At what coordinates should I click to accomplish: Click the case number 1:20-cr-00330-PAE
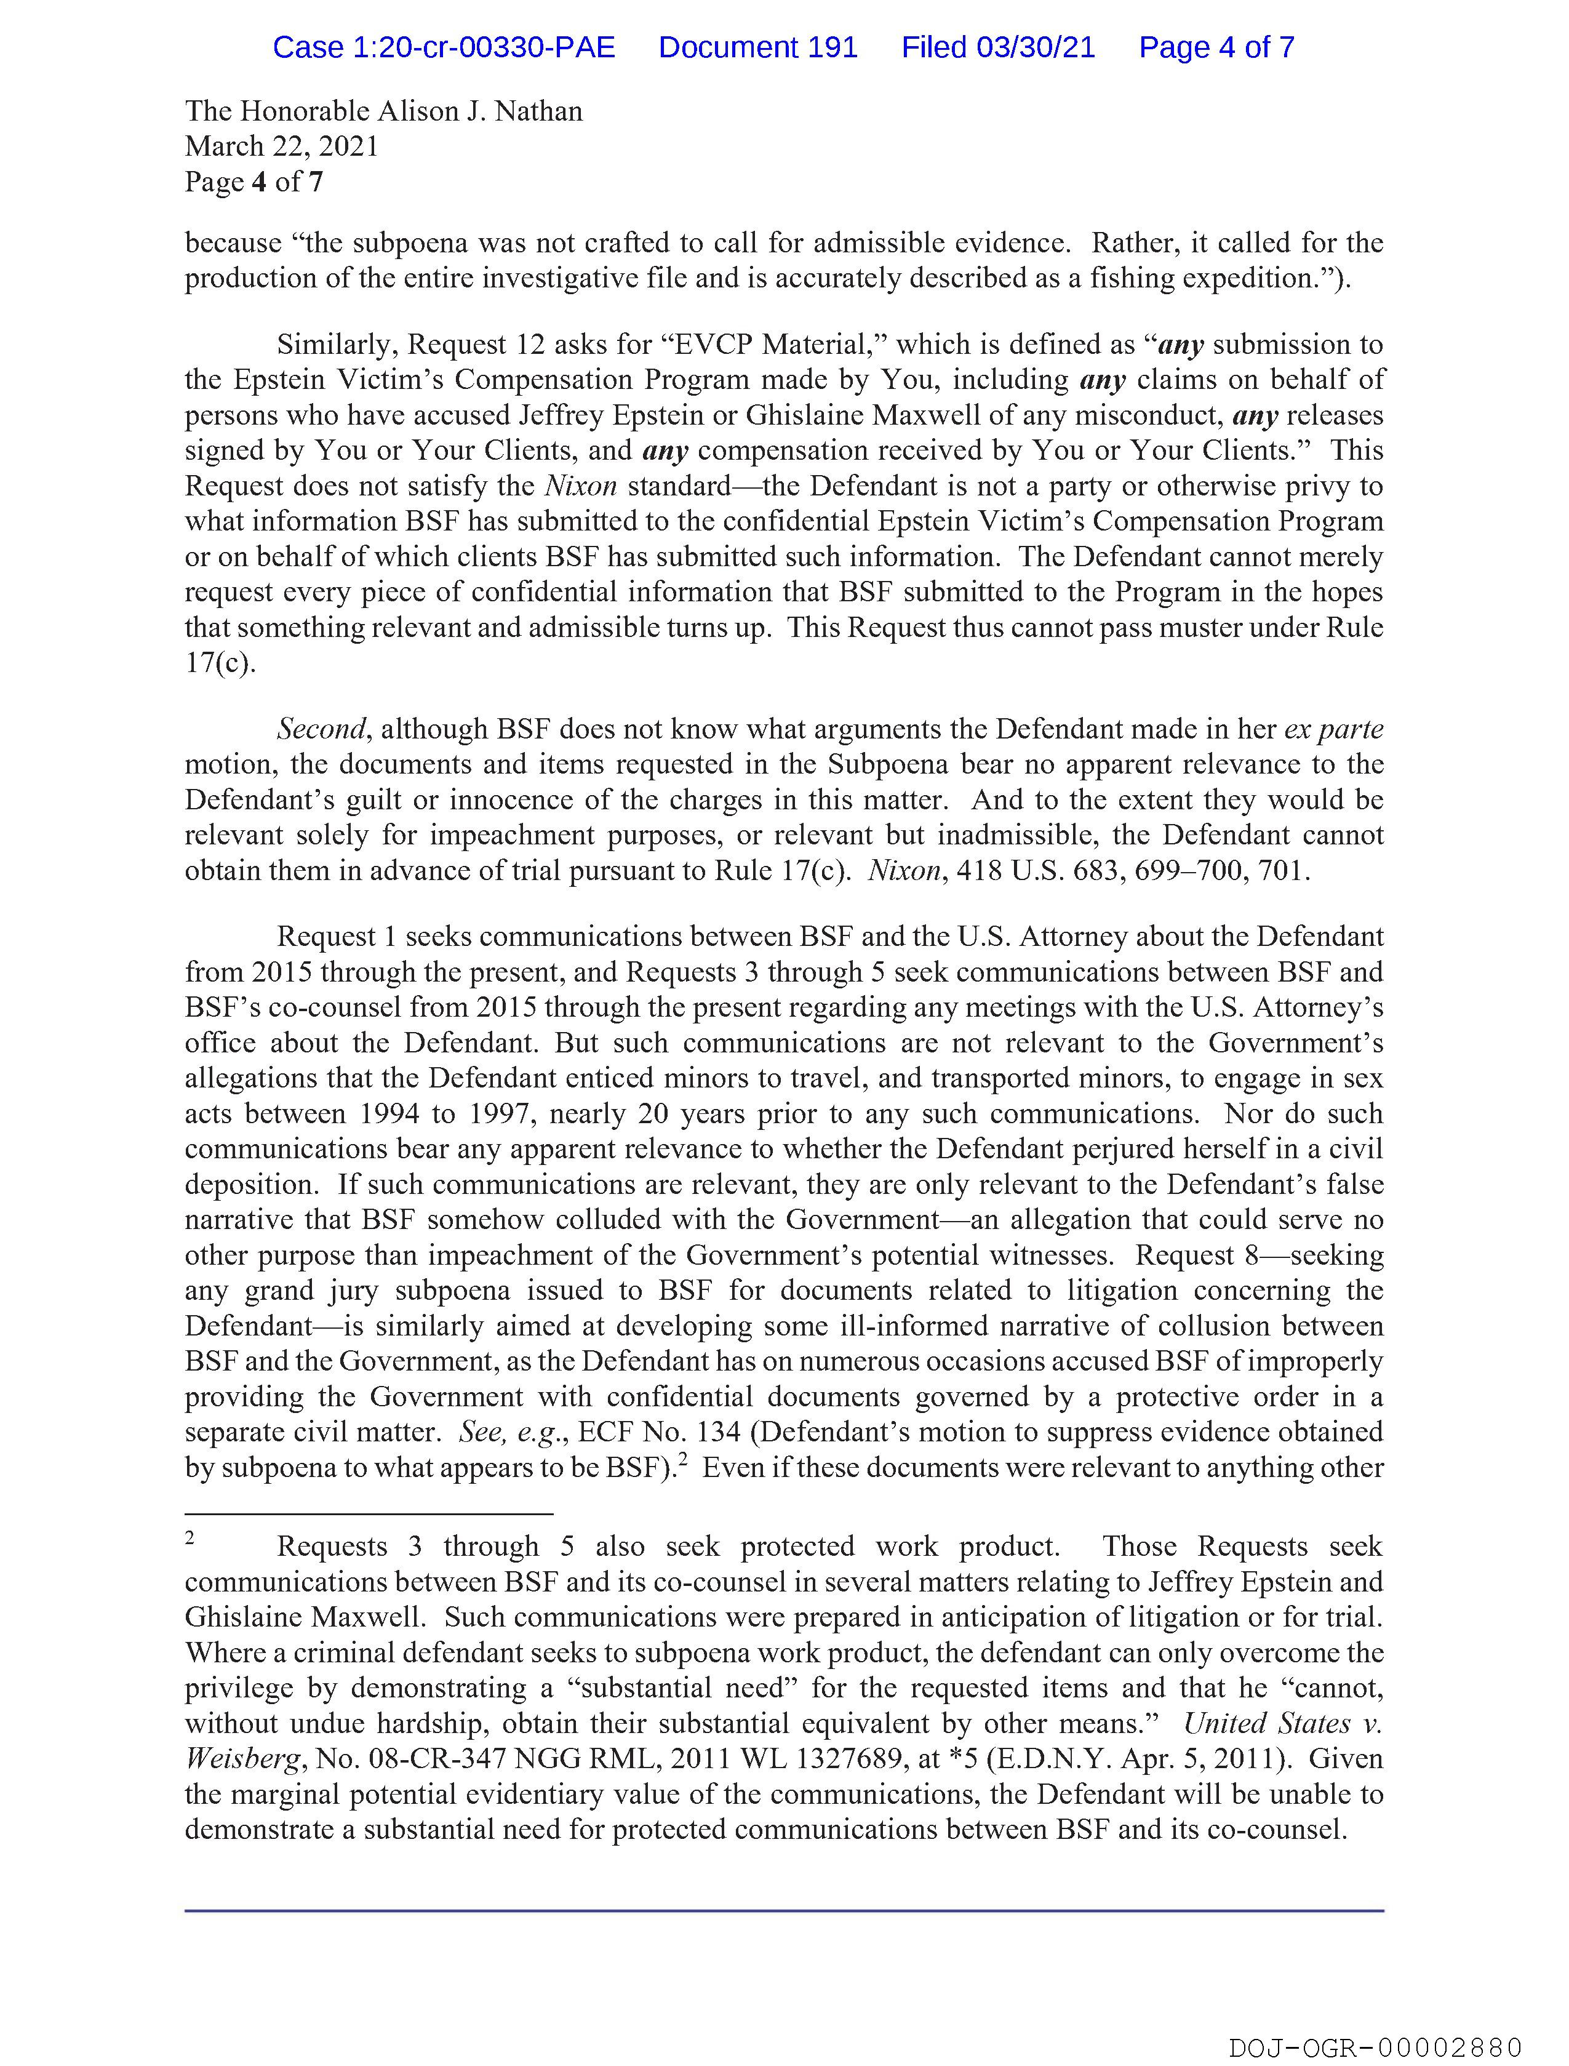444,47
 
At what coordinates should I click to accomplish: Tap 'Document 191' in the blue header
757,47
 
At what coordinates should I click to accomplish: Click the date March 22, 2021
281,146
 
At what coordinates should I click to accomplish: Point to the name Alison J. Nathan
479,111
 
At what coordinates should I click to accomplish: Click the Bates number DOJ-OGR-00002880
1375,2048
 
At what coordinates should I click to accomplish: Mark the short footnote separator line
369,1513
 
